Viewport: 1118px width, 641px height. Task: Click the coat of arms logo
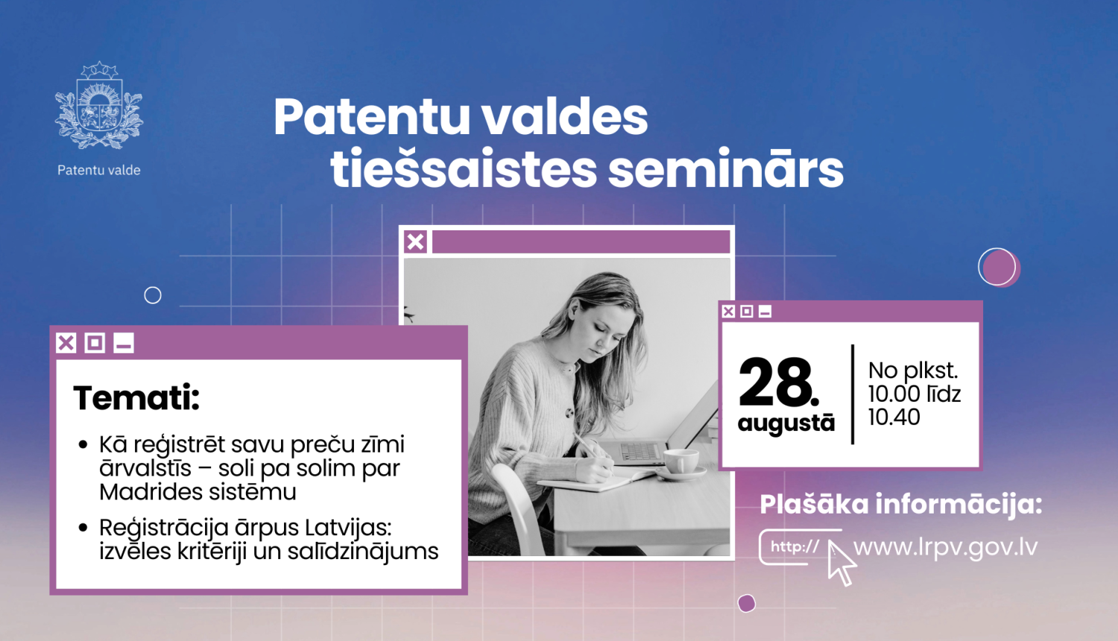click(x=99, y=106)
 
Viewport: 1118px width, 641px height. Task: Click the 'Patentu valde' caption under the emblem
click(x=99, y=170)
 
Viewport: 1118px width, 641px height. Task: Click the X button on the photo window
click(x=416, y=241)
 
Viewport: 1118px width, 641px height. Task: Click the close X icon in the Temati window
click(x=66, y=343)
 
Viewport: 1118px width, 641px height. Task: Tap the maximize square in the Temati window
click(x=95, y=343)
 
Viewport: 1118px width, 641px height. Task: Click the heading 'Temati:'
click(x=136, y=398)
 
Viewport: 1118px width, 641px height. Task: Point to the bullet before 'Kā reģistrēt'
click(x=83, y=445)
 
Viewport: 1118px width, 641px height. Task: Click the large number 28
click(x=777, y=382)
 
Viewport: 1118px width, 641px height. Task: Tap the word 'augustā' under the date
click(x=786, y=423)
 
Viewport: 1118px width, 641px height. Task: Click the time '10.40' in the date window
click(x=894, y=417)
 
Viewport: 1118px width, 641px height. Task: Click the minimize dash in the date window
click(x=765, y=312)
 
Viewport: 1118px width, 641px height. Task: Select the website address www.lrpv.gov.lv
click(x=945, y=547)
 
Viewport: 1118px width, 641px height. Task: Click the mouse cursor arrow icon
click(x=841, y=563)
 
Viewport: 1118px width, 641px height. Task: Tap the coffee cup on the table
click(x=680, y=461)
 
